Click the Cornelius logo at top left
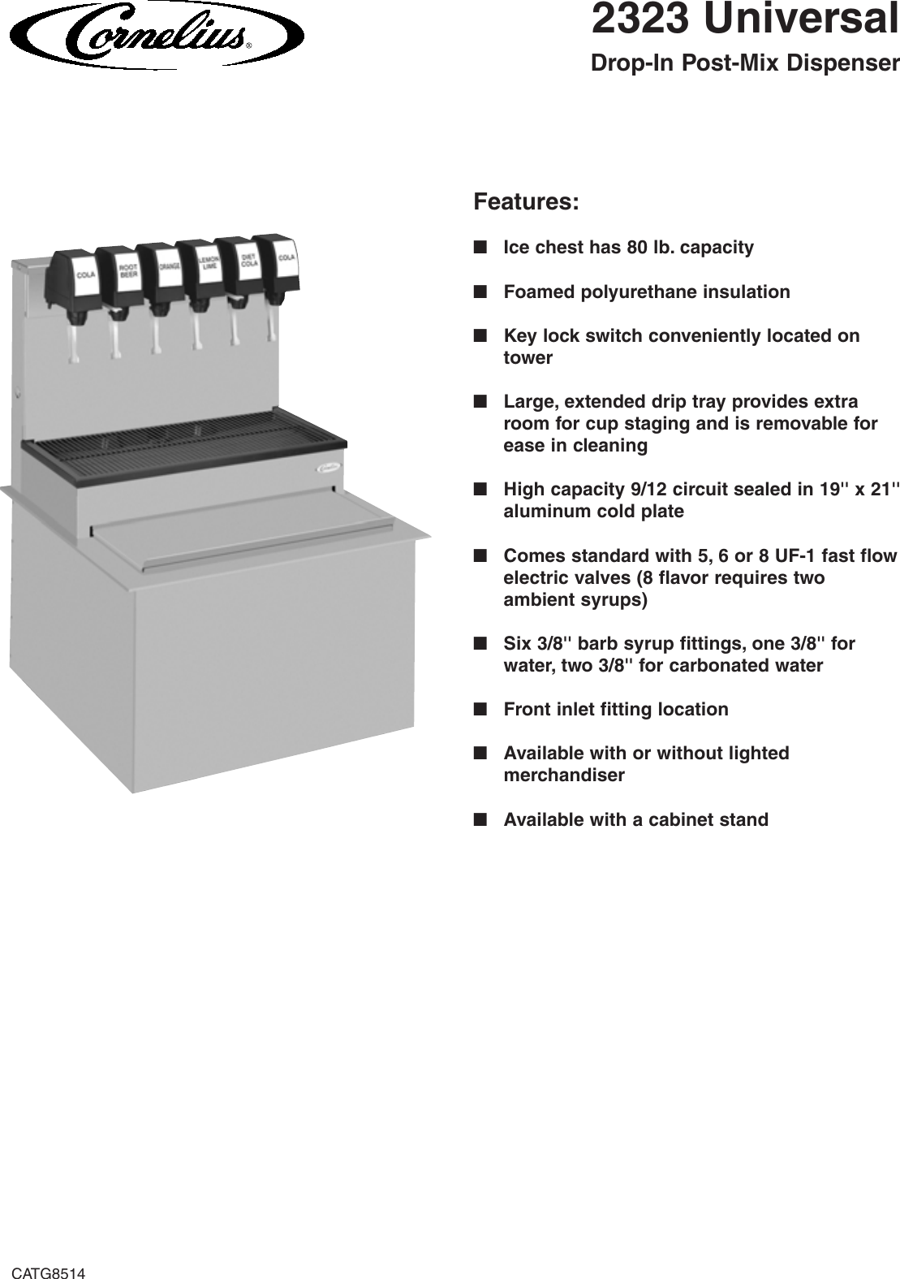[154, 34]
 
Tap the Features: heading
[526, 201]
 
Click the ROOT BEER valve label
[127, 271]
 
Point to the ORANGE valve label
[169, 266]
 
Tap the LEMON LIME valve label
[209, 262]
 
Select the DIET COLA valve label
[249, 261]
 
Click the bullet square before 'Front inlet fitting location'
[480, 709]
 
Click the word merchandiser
[564, 775]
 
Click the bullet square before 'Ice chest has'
[480, 247]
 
